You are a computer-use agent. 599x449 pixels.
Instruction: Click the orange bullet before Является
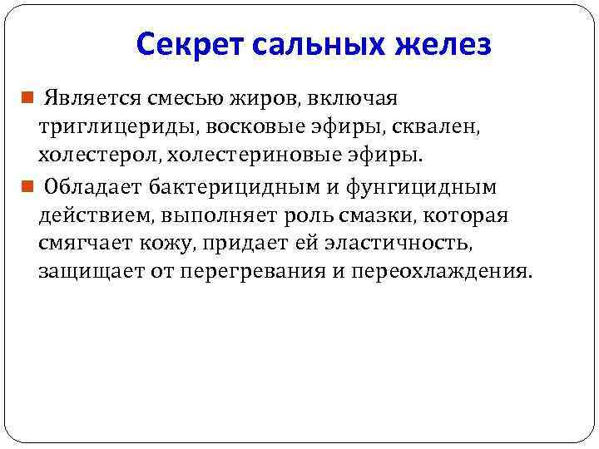pyautogui.click(x=27, y=99)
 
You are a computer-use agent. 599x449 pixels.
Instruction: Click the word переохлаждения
pyautogui.click(x=440, y=272)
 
